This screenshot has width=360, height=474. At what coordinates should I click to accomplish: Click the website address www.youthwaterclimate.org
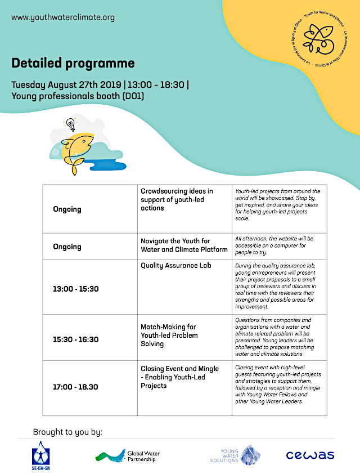click(x=63, y=17)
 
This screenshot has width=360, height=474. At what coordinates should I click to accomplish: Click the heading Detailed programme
click(x=73, y=62)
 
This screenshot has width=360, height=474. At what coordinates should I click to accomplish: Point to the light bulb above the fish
click(x=70, y=123)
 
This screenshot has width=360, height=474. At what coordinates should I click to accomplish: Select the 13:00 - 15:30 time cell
click(x=75, y=289)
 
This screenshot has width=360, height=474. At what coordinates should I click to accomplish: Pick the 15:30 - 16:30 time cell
click(x=75, y=339)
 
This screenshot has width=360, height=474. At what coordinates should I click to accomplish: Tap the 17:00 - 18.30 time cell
click(x=75, y=387)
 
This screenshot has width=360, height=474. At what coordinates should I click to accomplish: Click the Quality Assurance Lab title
click(x=176, y=265)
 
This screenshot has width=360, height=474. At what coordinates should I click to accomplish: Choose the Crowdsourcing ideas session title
click(x=177, y=200)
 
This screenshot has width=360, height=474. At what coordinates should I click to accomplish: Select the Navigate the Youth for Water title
click(x=184, y=245)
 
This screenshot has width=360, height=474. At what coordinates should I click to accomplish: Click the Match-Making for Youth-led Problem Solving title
click(x=169, y=335)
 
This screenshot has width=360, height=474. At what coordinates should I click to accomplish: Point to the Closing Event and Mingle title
click(x=179, y=377)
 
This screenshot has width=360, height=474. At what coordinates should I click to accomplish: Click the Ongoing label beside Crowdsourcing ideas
click(x=67, y=209)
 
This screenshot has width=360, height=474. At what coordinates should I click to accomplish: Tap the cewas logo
click(x=310, y=455)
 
